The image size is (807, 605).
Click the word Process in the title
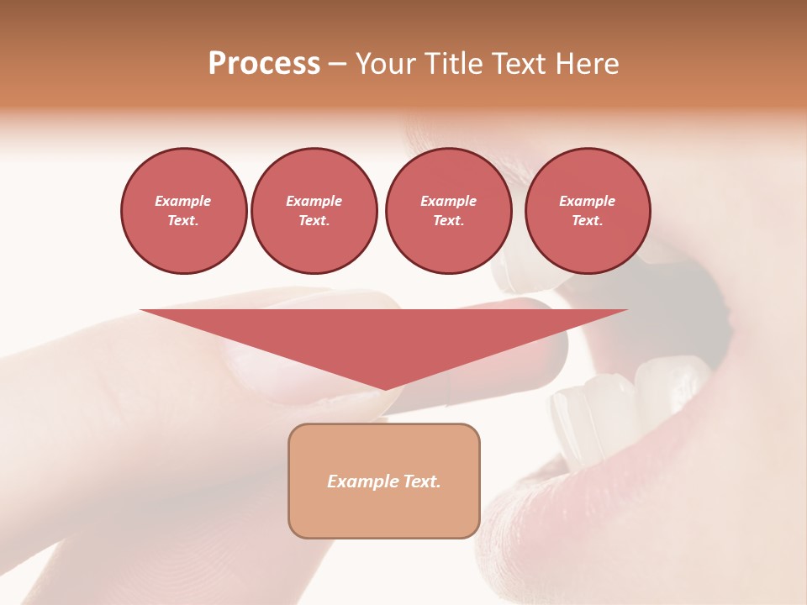(x=264, y=64)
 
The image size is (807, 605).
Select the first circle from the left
(x=183, y=211)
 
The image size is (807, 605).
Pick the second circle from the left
(x=314, y=211)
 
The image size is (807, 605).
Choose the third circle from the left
(x=448, y=211)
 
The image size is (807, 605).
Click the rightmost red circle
(x=587, y=211)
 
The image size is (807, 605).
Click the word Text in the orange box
(x=423, y=481)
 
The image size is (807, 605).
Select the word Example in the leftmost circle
(x=183, y=201)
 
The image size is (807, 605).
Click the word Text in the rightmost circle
(x=587, y=221)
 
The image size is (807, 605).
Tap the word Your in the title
(x=387, y=64)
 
